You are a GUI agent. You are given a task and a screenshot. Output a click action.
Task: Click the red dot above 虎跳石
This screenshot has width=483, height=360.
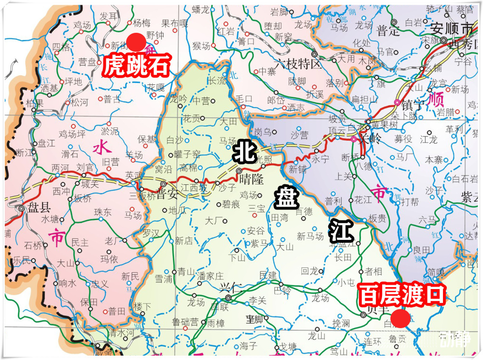[x=136, y=42]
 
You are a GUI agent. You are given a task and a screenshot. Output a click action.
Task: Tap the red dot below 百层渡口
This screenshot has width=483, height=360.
[x=399, y=319]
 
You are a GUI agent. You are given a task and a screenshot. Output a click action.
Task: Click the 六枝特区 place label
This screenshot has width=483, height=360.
[x=298, y=63]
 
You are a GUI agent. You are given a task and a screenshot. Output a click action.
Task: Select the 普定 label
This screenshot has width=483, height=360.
[x=388, y=31]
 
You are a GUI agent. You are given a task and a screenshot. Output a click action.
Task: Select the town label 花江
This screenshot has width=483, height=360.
[x=363, y=199]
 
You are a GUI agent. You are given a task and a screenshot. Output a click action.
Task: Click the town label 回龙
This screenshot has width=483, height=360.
[x=310, y=271]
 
